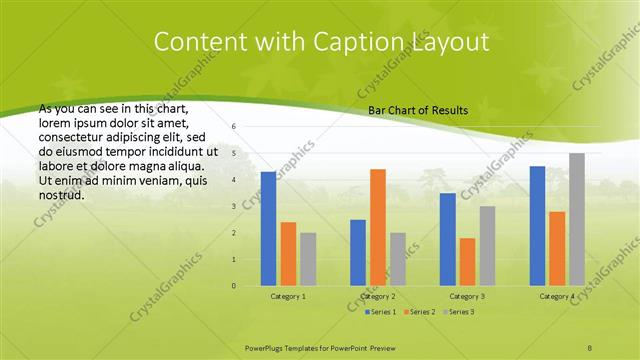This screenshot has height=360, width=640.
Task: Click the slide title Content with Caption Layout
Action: point(320,43)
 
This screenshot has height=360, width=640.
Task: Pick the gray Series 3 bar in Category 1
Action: point(307,259)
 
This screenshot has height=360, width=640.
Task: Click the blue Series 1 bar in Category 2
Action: point(358,252)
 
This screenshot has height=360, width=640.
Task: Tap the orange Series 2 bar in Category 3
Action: point(467,261)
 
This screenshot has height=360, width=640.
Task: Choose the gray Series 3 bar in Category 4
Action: point(577,219)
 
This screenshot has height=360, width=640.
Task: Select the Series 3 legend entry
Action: point(457,313)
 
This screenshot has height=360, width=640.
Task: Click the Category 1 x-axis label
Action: point(288,297)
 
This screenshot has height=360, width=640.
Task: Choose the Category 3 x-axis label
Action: point(467,297)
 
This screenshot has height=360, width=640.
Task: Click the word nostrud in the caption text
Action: point(60,194)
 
